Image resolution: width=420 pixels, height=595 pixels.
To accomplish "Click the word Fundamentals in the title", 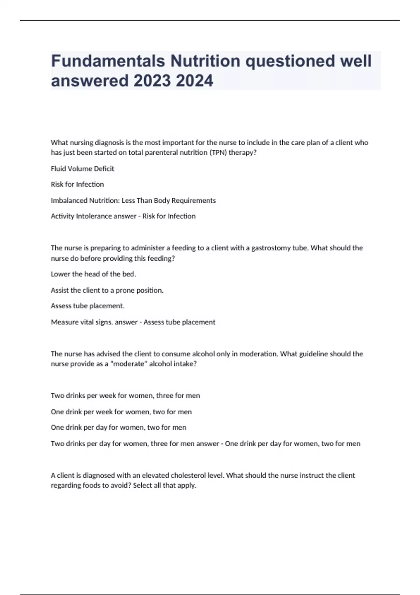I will [108, 61].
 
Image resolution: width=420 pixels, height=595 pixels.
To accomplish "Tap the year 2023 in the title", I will [152, 81].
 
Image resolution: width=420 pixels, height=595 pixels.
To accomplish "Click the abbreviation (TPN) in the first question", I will [218, 153].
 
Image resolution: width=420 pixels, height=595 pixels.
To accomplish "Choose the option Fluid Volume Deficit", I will [83, 169].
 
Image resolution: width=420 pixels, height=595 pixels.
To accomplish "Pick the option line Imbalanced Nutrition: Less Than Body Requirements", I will [133, 201].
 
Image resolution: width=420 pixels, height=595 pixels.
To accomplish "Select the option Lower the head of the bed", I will [93, 274].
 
